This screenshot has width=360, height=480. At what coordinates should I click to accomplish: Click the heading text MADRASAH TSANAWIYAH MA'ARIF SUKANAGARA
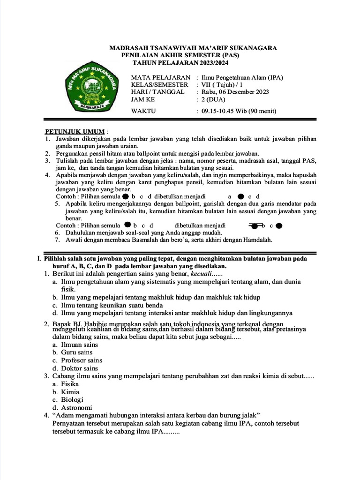(193, 48)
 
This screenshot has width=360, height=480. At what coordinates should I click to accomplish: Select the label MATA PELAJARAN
(161, 77)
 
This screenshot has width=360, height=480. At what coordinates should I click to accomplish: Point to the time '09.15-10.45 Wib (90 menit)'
(239, 111)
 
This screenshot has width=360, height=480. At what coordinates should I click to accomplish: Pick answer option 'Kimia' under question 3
(70, 392)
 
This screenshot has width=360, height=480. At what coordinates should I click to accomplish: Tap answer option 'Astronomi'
(76, 408)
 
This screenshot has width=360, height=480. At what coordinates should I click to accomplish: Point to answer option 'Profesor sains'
(82, 360)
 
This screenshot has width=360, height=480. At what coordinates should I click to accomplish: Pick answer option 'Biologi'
(72, 400)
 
